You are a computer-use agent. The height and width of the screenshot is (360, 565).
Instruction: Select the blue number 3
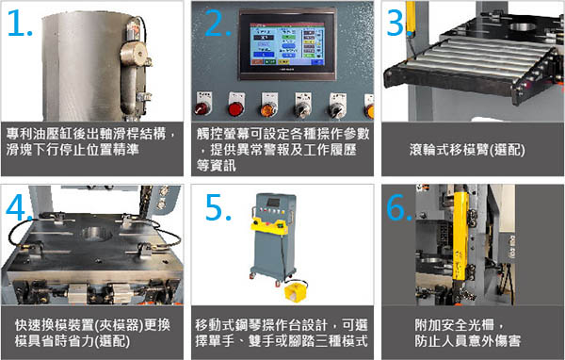tap(395, 23)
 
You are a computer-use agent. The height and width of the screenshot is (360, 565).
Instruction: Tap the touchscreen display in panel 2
tap(287, 44)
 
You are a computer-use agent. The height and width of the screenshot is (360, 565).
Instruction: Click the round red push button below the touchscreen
tap(236, 108)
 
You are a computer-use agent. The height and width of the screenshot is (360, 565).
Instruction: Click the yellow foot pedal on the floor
tap(295, 290)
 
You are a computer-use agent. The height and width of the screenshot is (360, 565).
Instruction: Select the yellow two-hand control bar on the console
tap(270, 226)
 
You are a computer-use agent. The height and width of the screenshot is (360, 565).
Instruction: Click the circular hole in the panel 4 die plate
tap(97, 234)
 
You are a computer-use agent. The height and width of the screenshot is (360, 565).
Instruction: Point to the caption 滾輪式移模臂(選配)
tap(467, 150)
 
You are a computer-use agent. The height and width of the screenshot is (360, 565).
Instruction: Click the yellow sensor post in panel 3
tap(410, 19)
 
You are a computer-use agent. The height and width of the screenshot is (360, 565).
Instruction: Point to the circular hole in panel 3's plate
tap(523, 26)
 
